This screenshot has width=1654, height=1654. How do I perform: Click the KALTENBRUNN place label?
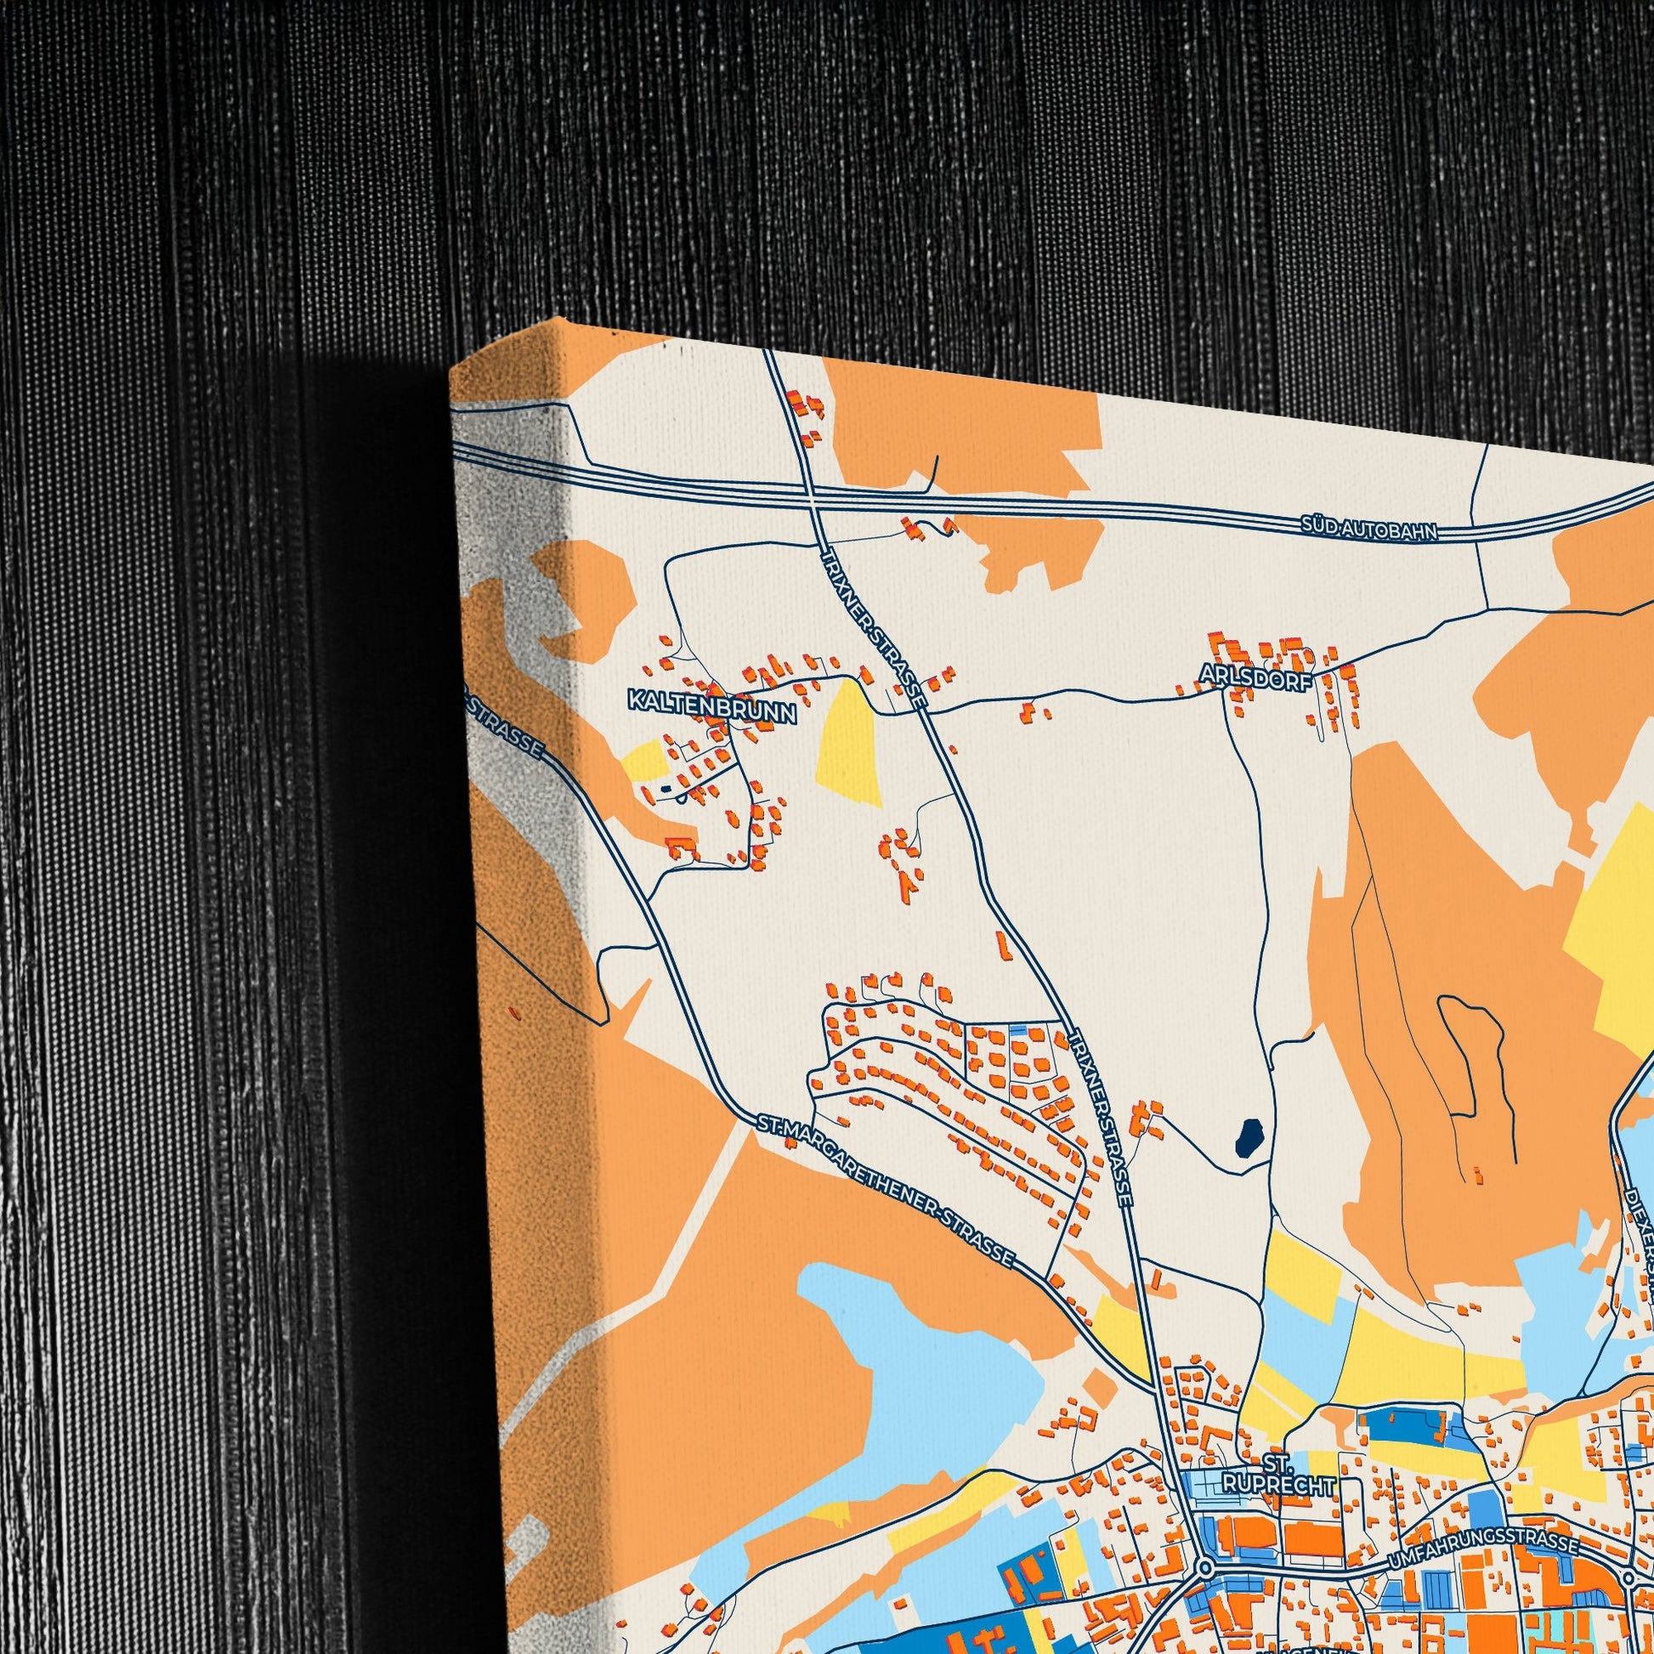tap(711, 701)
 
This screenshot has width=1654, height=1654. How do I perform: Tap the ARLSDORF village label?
tap(1256, 676)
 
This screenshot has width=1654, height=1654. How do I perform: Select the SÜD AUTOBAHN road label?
tap(1368, 527)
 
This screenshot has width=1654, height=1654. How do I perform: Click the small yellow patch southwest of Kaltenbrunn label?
tap(643, 760)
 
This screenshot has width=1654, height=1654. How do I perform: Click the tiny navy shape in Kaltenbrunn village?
tap(667, 789)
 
